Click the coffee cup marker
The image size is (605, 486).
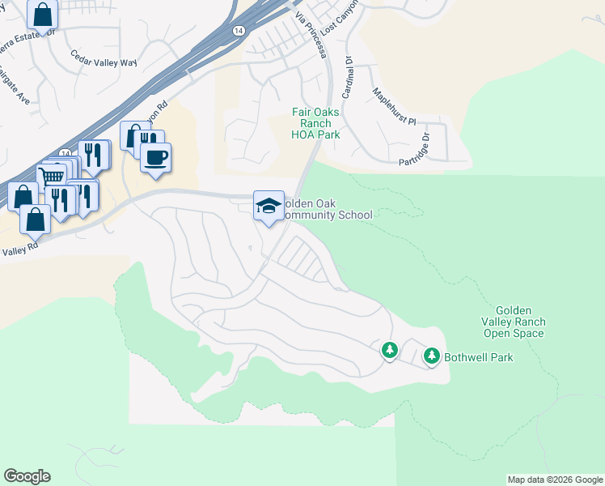[155, 157]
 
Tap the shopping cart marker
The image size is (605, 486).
[52, 176]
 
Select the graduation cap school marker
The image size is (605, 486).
[269, 207]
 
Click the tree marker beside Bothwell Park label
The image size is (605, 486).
[432, 356]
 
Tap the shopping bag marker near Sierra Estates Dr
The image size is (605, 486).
[42, 15]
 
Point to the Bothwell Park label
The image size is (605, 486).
[479, 357]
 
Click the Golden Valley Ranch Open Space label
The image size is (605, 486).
[514, 322]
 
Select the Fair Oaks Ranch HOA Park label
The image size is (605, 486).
[315, 124]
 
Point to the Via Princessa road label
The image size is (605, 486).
[311, 36]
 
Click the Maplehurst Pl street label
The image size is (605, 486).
[393, 109]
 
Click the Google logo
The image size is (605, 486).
[27, 476]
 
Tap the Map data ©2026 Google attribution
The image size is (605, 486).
[555, 480]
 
